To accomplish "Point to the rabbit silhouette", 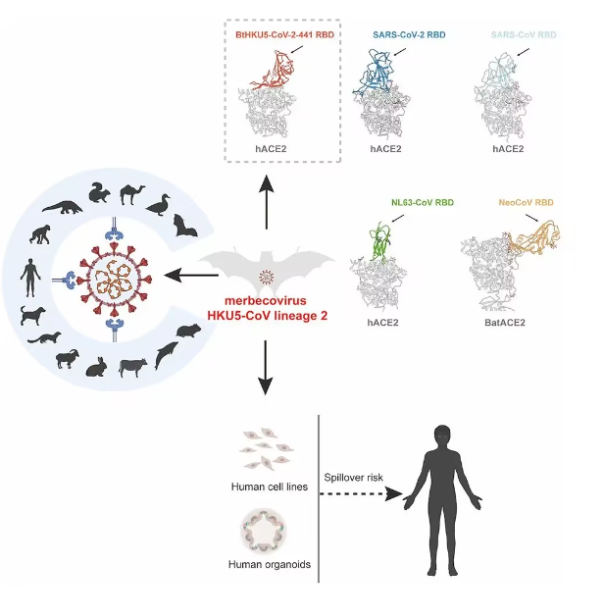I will coord(96,366).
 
